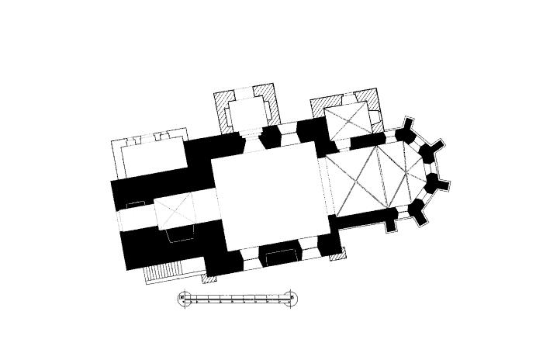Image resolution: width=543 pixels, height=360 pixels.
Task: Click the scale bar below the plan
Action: [x=237, y=298]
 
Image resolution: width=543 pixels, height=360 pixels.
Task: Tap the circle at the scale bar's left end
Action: [x=185, y=298]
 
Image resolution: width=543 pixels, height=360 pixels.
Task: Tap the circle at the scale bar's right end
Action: [x=290, y=298]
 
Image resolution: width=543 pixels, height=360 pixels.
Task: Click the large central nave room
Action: [x=268, y=194]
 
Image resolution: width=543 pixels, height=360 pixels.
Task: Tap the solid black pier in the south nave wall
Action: [x=279, y=254]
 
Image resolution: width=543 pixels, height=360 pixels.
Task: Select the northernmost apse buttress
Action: [x=406, y=130]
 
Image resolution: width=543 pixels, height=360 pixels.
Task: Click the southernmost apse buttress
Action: [x=418, y=210]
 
